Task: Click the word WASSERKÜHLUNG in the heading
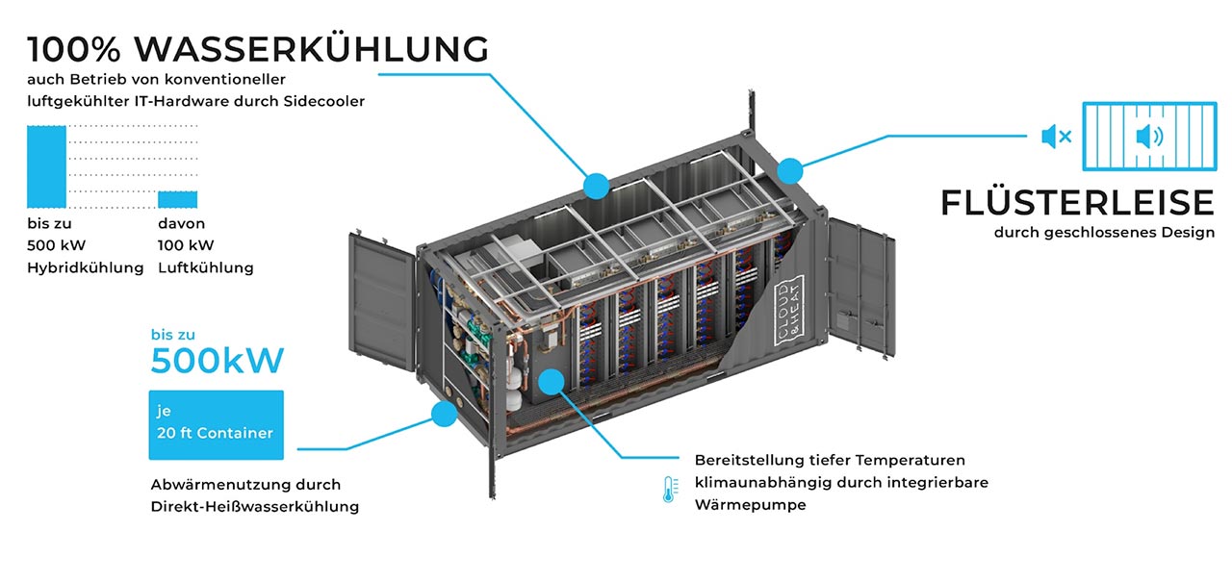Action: pyautogui.click(x=311, y=48)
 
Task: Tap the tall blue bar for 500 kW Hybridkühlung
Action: pyautogui.click(x=46, y=166)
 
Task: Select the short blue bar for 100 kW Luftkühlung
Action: pyautogui.click(x=177, y=198)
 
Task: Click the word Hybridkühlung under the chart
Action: pyautogui.click(x=85, y=267)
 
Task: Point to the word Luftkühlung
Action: pyautogui.click(x=205, y=267)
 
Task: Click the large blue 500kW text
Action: pyautogui.click(x=218, y=361)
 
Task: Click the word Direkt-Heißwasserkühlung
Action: pyautogui.click(x=255, y=506)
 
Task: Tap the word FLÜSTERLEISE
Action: pyautogui.click(x=1077, y=203)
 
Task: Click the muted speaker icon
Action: pyautogui.click(x=1055, y=137)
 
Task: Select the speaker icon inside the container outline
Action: pyautogui.click(x=1148, y=137)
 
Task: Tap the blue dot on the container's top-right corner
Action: pyautogui.click(x=789, y=170)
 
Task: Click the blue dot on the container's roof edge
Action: pyautogui.click(x=596, y=185)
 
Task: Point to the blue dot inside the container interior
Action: pyautogui.click(x=551, y=382)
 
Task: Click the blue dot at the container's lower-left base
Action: pyautogui.click(x=444, y=415)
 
